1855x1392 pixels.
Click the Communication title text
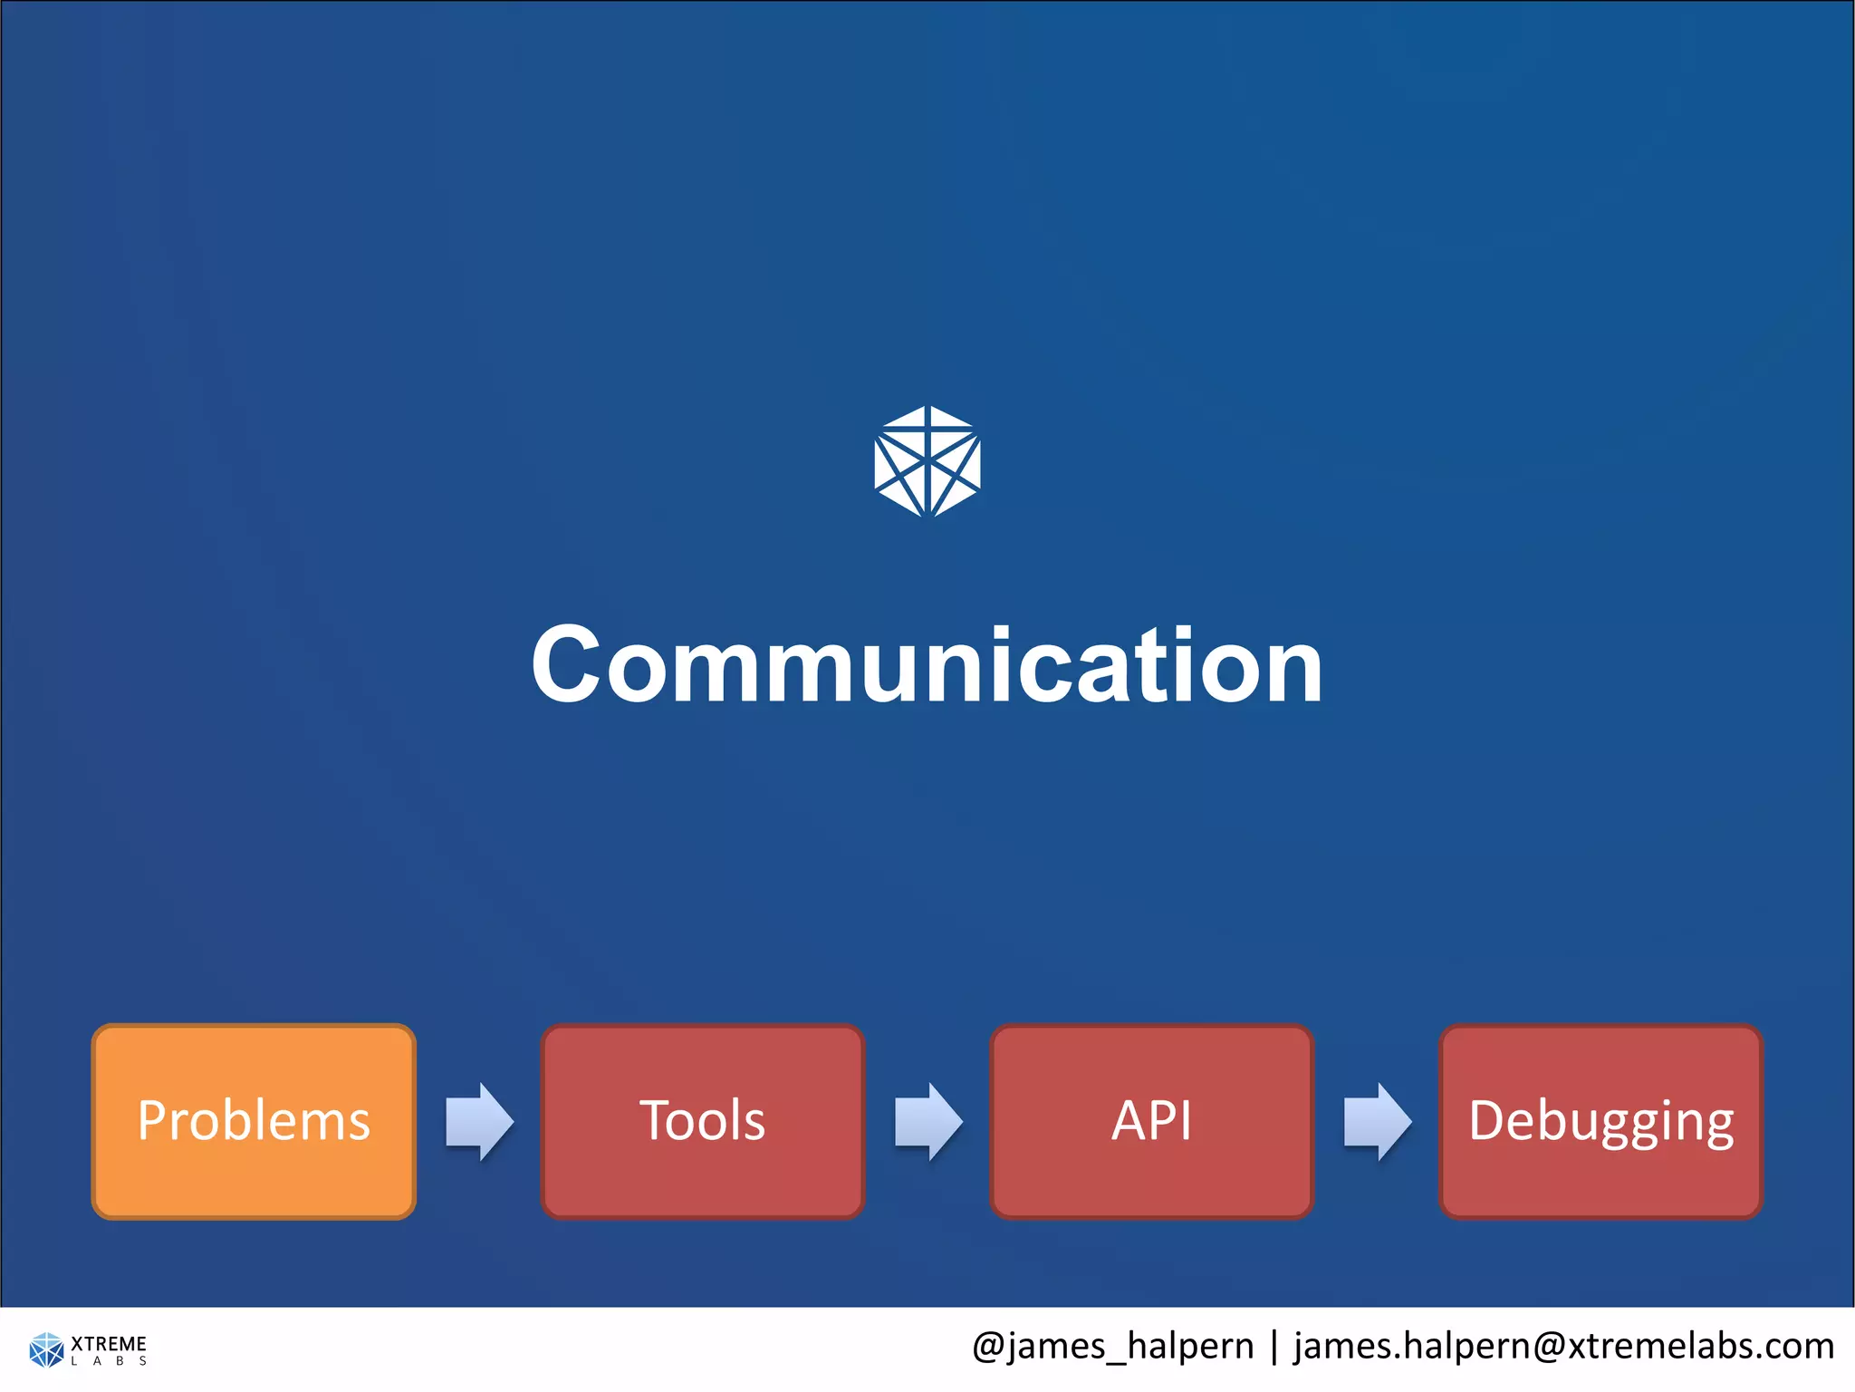coord(927,665)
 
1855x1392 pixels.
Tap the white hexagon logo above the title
coord(927,461)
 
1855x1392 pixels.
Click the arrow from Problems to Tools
coord(479,1121)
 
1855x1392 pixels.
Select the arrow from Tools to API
coord(928,1121)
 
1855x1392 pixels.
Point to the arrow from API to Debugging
coord(1377,1121)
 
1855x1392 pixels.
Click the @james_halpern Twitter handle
coord(1112,1347)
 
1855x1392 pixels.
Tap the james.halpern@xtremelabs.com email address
coord(1563,1347)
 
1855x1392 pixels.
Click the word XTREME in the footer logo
coord(109,1343)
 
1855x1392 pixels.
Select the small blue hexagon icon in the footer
coord(46,1349)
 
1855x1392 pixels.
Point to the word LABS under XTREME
coord(109,1361)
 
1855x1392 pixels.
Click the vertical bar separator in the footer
coord(1274,1347)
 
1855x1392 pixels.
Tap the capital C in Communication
coord(565,665)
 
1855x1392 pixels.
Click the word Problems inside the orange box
coord(254,1121)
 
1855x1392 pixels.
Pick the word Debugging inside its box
coord(1600,1121)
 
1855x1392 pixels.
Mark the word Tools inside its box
coord(702,1121)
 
